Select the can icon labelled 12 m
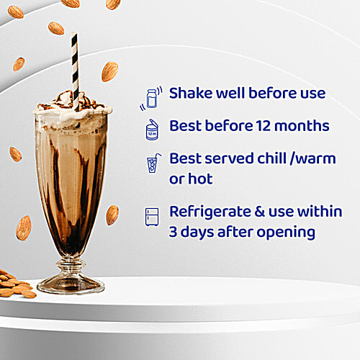point(153,128)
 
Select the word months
point(300,126)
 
